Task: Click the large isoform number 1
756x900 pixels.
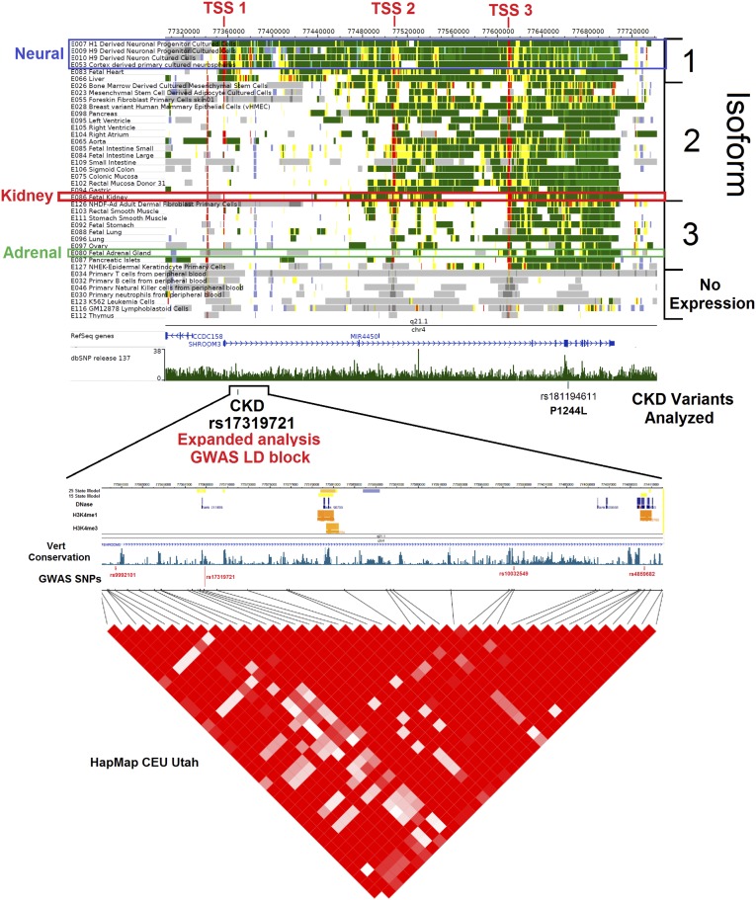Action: point(692,62)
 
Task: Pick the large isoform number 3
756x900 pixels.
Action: point(692,231)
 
